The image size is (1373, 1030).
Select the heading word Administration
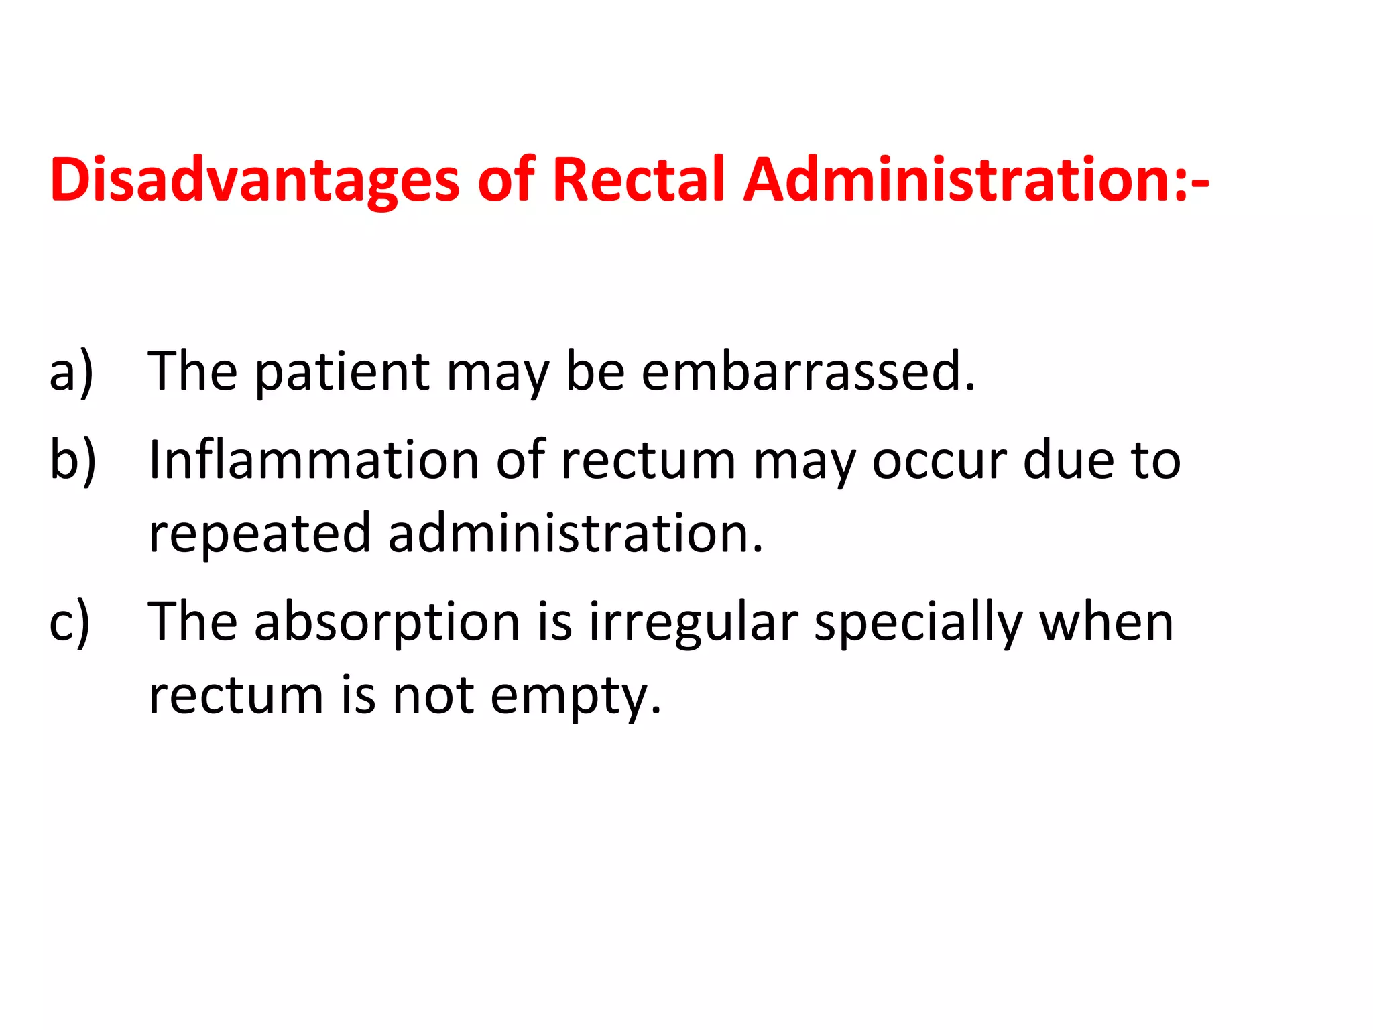tap(965, 180)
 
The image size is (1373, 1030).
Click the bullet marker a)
tap(71, 372)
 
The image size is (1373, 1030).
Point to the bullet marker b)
tap(72, 461)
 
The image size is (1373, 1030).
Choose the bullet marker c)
tap(70, 622)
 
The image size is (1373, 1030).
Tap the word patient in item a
tap(342, 372)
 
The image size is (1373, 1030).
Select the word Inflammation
tap(313, 460)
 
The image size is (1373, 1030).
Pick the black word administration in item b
tap(575, 534)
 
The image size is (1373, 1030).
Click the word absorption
tap(387, 622)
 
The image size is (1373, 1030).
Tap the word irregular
tap(693, 622)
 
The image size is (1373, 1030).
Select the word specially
tap(918, 622)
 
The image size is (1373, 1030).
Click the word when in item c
tap(1106, 622)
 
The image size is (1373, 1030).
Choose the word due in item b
tap(1068, 461)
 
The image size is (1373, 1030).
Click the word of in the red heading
tap(506, 180)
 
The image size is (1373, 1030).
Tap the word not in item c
tap(432, 696)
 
